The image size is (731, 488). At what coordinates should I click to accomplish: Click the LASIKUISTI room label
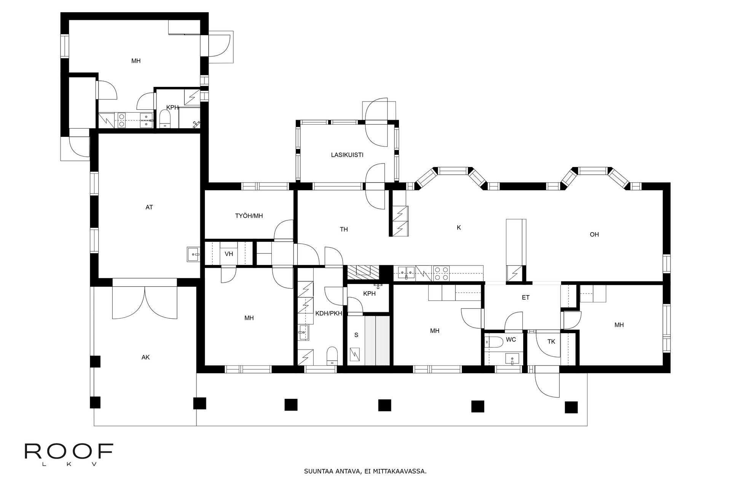point(347,155)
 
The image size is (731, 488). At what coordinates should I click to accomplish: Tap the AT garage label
point(149,207)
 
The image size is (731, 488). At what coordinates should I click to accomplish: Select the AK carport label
point(145,357)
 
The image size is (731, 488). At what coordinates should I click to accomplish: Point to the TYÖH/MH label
point(249,216)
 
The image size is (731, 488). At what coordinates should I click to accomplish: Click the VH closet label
point(229,254)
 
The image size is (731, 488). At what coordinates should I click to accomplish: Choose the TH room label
point(344,230)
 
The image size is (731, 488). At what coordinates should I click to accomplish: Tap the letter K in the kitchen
point(459,228)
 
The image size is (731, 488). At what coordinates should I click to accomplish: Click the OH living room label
point(594,234)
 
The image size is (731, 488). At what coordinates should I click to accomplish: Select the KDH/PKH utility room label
point(329,314)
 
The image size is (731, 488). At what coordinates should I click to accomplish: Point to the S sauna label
point(356,335)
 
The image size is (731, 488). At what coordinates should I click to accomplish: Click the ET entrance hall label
point(526,298)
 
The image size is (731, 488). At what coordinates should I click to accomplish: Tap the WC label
point(511,339)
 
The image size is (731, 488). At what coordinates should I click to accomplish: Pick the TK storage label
point(551,342)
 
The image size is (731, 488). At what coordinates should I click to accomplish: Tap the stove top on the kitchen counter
point(441,273)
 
